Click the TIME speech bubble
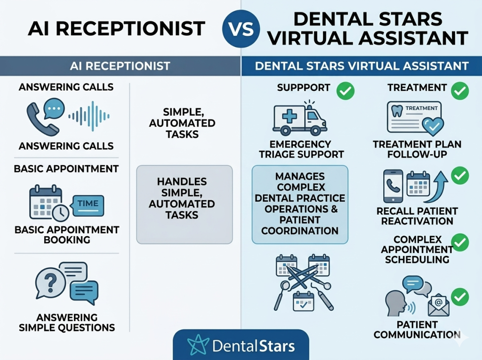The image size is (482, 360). pyautogui.click(x=88, y=204)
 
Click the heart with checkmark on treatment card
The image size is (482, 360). pyautogui.click(x=432, y=125)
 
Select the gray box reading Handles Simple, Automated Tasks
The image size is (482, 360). pyautogui.click(x=184, y=204)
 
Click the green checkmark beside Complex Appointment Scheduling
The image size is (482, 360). pyautogui.click(x=459, y=243)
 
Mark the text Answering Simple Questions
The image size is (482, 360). pyautogui.click(x=67, y=322)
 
